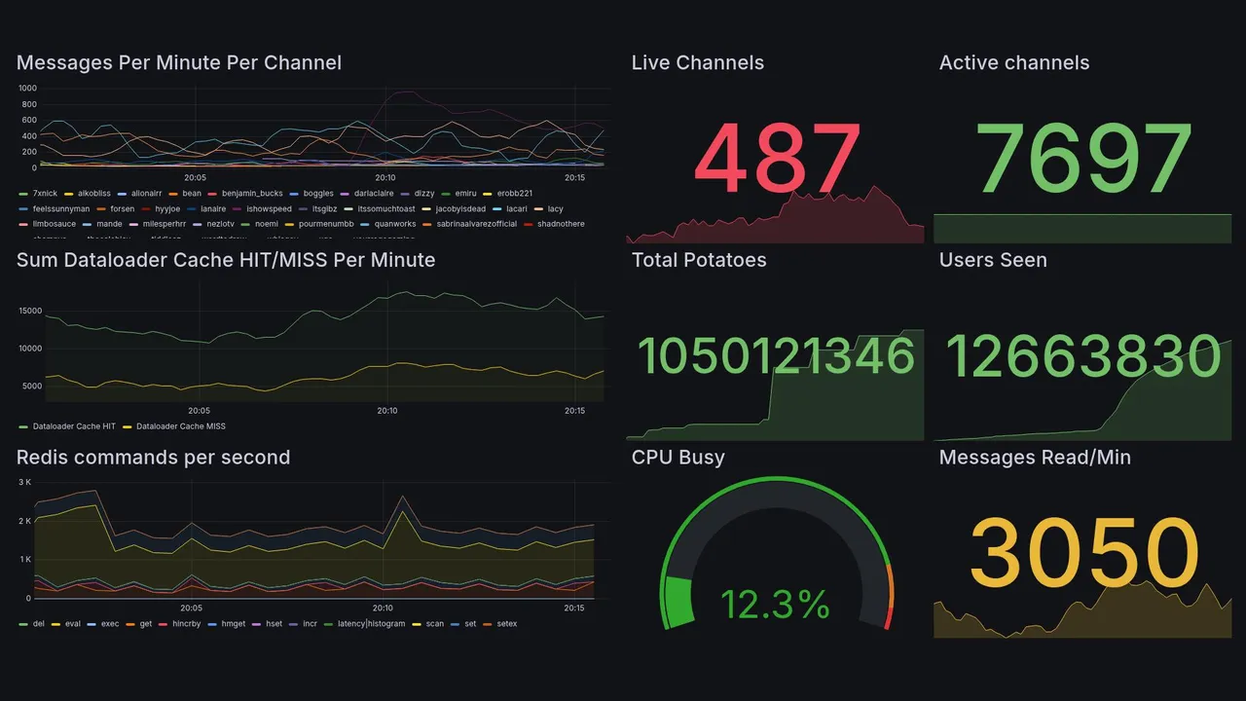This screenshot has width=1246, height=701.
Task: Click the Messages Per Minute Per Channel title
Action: pyautogui.click(x=179, y=63)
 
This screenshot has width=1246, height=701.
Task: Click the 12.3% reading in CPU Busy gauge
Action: pyautogui.click(x=775, y=605)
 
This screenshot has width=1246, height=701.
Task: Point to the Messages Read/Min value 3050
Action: pyautogui.click(x=1083, y=553)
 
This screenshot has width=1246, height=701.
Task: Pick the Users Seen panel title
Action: pyautogui.click(x=993, y=260)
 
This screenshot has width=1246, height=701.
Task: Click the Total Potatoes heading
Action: pyautogui.click(x=699, y=260)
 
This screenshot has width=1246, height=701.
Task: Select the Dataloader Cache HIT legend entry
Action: pyautogui.click(x=74, y=426)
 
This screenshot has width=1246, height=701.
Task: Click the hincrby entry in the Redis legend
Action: pyautogui.click(x=185, y=623)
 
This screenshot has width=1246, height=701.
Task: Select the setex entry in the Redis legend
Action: pyautogui.click(x=507, y=623)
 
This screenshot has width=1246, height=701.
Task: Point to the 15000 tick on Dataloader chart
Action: pyautogui.click(x=30, y=311)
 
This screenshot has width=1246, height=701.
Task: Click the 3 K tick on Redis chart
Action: pyautogui.click(x=24, y=482)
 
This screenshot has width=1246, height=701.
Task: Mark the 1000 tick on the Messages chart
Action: pyautogui.click(x=27, y=89)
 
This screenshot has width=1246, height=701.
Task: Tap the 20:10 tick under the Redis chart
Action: pyautogui.click(x=387, y=609)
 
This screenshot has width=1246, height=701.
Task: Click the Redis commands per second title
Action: pyautogui.click(x=154, y=458)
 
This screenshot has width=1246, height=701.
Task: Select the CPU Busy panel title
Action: pyautogui.click(x=678, y=458)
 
